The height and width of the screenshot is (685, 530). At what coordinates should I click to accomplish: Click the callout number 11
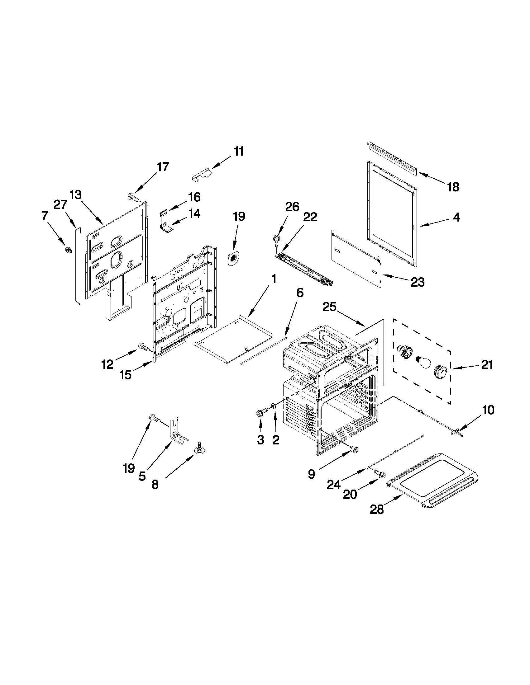click(x=238, y=152)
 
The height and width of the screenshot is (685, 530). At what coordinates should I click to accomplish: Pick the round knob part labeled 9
click(x=355, y=450)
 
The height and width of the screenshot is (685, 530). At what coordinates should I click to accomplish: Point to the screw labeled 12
click(x=143, y=347)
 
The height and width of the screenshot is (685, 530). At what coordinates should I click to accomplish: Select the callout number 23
click(x=418, y=282)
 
